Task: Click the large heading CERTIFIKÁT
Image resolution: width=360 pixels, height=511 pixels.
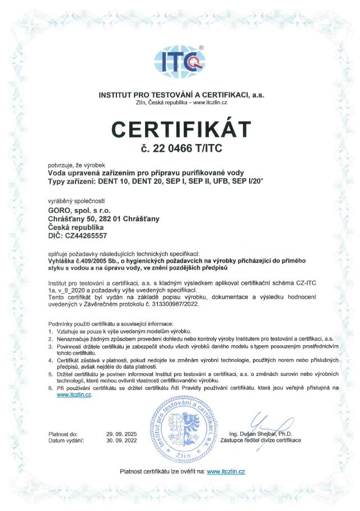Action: click(180, 129)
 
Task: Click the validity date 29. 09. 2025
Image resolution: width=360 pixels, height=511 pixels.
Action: click(122, 434)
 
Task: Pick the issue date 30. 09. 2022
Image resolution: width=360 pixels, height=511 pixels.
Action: click(122, 440)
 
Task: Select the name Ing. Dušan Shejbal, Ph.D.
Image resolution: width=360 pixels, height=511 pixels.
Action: click(261, 434)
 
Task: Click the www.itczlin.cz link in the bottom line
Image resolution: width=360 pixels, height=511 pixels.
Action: click(226, 472)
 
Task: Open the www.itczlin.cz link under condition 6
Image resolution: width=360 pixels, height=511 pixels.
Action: click(73, 394)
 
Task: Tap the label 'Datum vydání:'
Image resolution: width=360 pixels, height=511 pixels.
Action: click(66, 440)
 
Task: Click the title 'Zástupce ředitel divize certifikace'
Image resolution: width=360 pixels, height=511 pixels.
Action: click(261, 440)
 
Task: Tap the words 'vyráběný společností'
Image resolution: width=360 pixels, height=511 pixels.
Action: click(77, 201)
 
